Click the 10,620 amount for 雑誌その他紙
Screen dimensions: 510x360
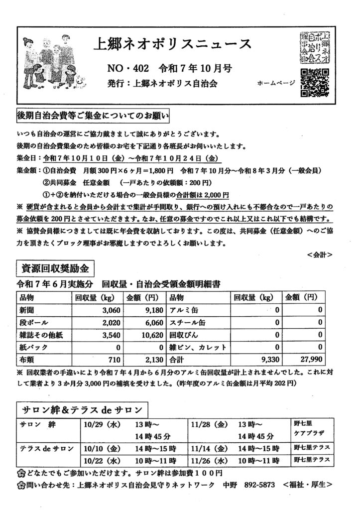150,335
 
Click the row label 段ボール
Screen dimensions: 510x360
32,323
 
